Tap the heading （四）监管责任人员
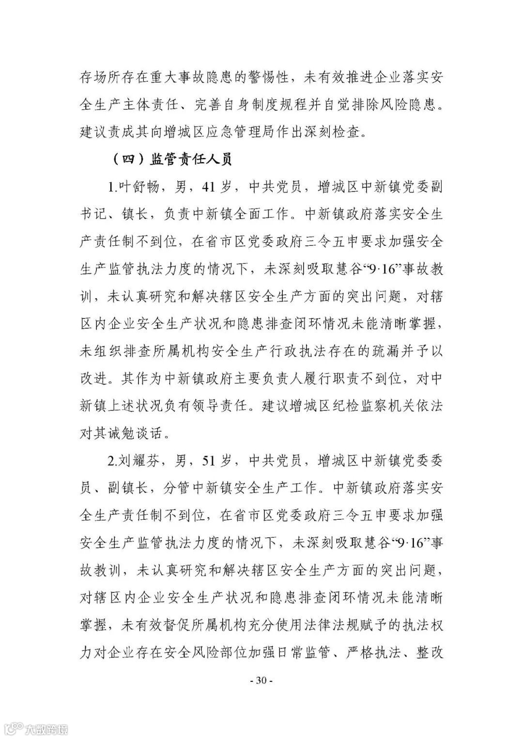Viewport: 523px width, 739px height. click(171, 159)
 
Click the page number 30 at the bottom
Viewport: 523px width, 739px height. click(261, 680)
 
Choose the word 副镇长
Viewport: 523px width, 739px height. click(126, 488)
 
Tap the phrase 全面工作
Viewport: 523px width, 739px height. click(262, 214)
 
